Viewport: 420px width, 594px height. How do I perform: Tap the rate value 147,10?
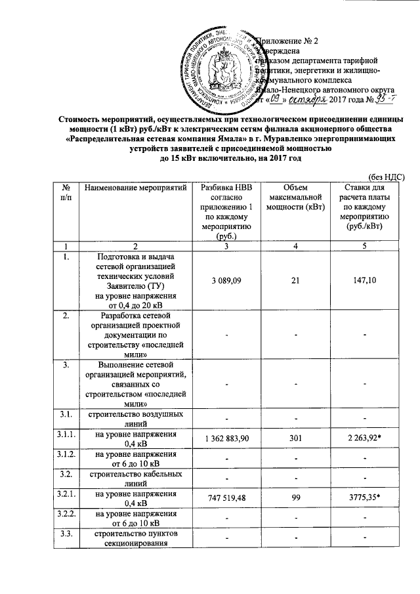366,280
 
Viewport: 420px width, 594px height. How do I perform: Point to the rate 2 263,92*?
366,438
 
